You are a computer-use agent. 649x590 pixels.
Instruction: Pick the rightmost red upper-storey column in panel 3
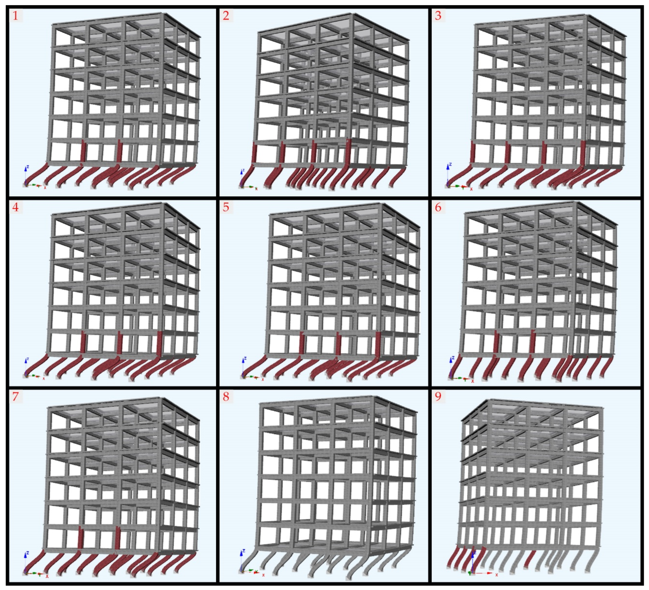tap(583, 153)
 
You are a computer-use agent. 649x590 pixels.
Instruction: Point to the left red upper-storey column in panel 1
tap(83, 151)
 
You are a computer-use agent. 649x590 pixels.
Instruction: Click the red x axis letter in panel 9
tap(497, 575)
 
